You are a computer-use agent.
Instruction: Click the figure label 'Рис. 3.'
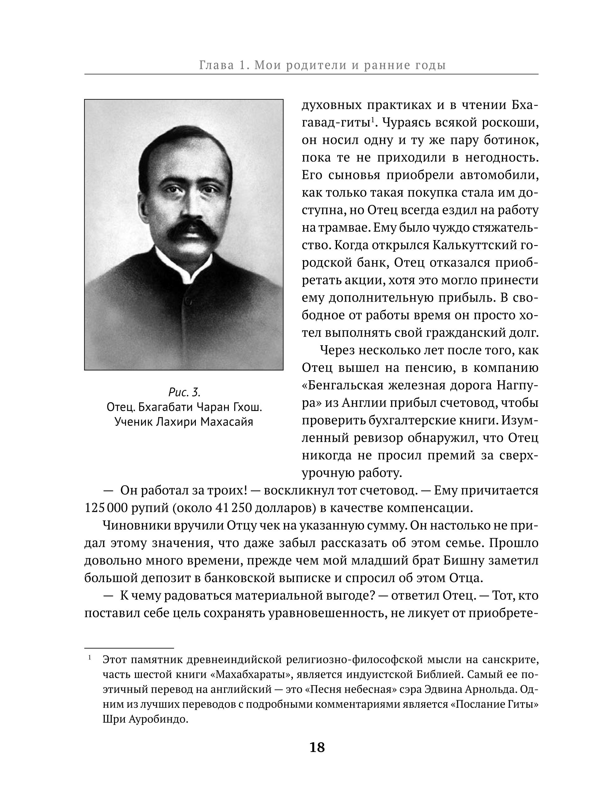(x=184, y=392)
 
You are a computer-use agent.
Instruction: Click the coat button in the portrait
(x=188, y=301)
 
